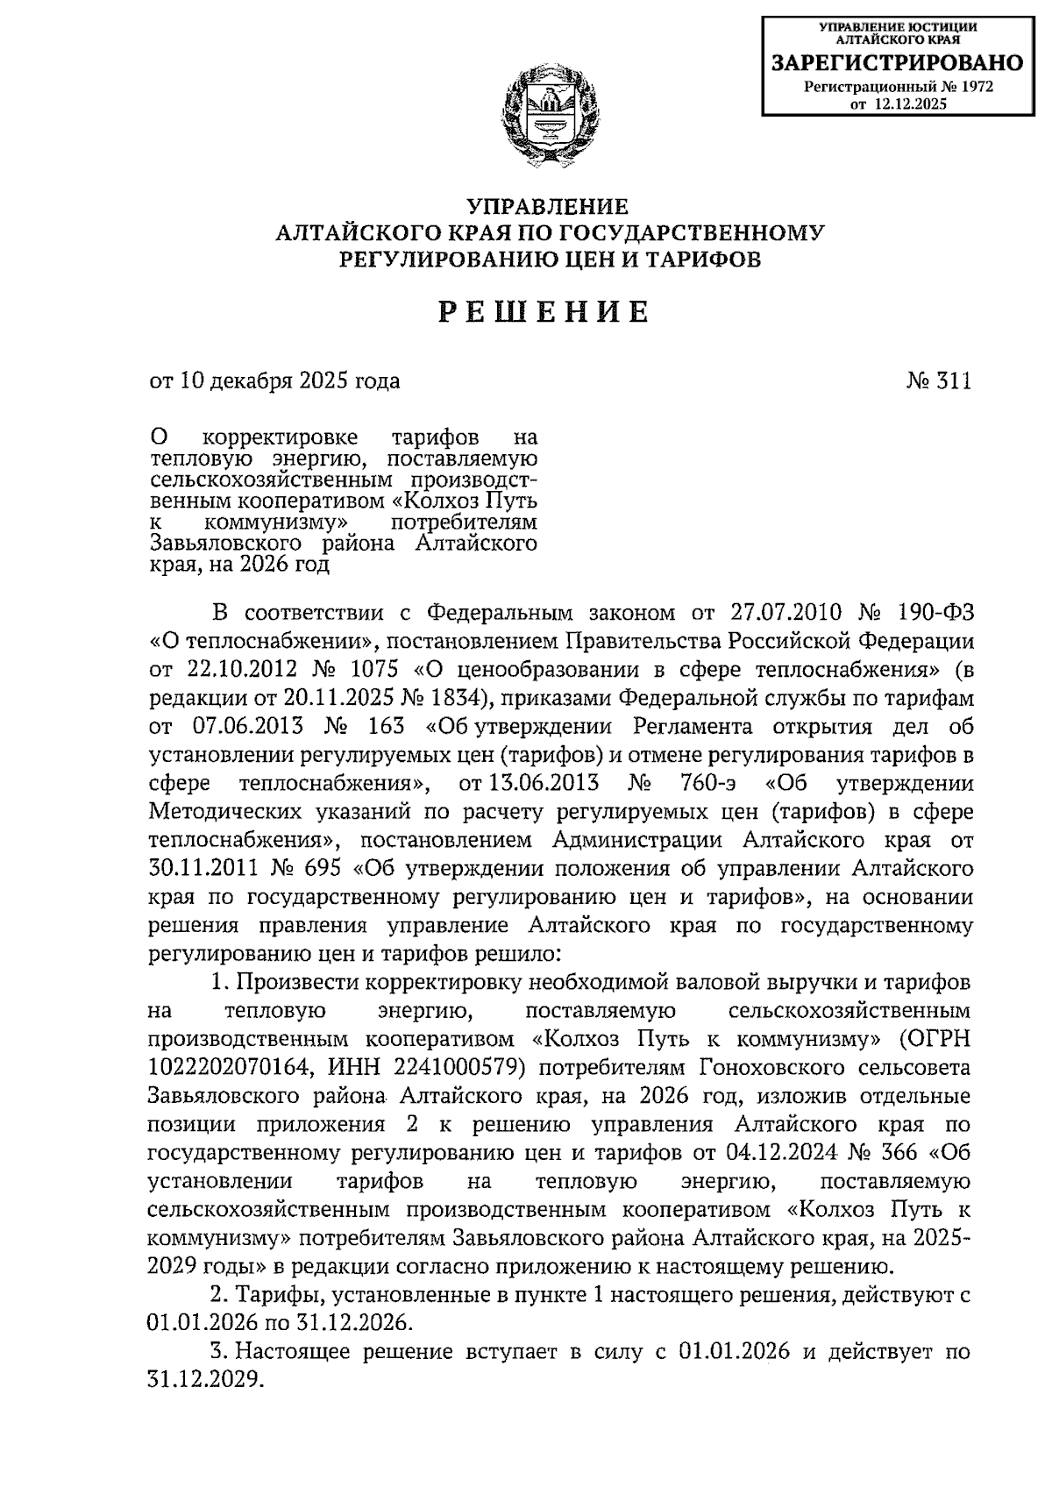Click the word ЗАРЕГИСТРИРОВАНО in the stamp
point(896,63)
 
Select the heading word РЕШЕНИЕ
point(544,312)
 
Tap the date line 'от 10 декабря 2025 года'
point(275,381)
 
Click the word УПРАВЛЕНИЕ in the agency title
point(547,207)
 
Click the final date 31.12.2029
point(205,1379)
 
